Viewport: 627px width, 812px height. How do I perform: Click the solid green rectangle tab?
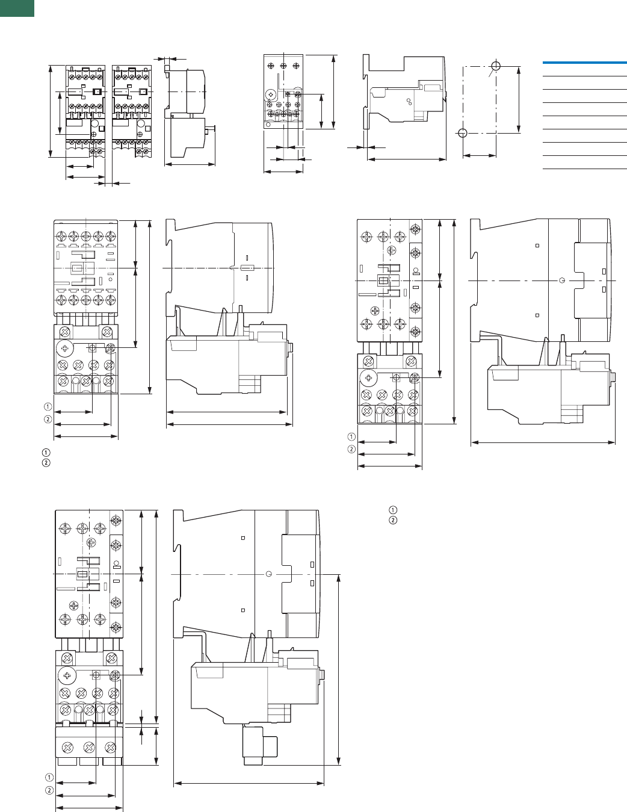17,8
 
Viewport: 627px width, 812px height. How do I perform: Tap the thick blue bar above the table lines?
584,63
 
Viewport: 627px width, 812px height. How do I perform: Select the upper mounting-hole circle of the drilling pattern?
496,66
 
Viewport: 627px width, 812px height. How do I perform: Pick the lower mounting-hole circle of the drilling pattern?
462,133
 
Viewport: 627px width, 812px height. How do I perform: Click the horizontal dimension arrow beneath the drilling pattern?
480,155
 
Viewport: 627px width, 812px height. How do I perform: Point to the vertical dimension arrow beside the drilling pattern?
518,100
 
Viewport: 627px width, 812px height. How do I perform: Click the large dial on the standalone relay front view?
270,95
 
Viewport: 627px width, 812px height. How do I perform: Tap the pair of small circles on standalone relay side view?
409,101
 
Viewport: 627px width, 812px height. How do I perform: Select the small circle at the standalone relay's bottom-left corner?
268,125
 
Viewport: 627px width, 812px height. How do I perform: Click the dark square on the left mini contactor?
97,92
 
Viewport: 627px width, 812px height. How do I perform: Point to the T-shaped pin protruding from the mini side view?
210,129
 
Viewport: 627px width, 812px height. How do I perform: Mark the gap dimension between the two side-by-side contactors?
109,184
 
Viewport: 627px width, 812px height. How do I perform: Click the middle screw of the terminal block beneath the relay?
89,748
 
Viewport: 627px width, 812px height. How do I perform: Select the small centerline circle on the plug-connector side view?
268,574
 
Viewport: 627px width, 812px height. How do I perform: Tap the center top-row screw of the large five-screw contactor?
86,236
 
